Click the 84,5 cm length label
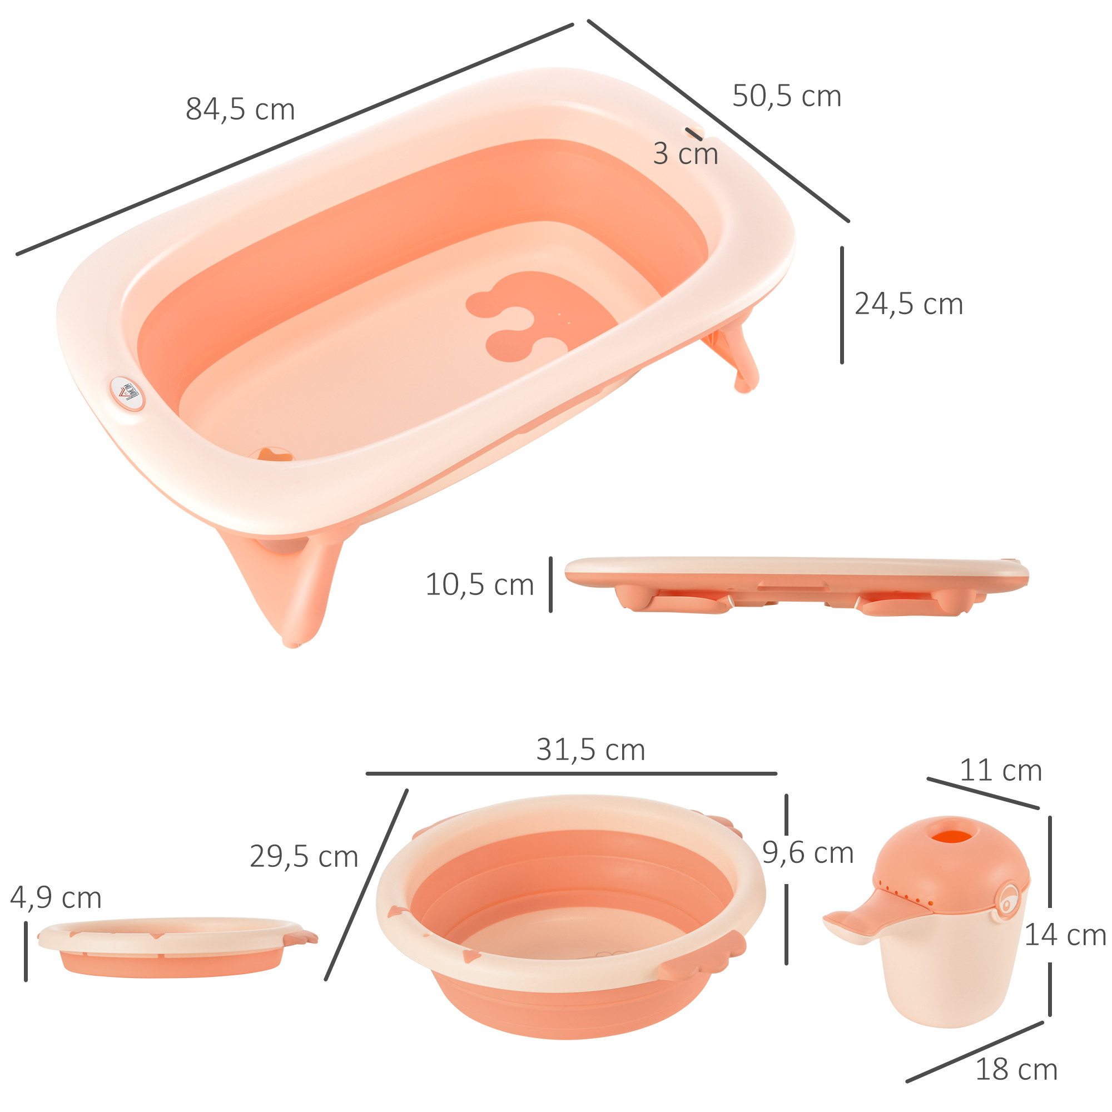[x=240, y=110]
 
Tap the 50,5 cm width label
[x=786, y=96]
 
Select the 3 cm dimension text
[x=685, y=154]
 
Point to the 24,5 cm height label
[x=909, y=304]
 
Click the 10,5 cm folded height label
[x=479, y=585]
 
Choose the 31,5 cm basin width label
[x=590, y=750]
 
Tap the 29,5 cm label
[x=304, y=856]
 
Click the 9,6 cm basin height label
[x=807, y=852]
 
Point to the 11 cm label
[x=1000, y=771]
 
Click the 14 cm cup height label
[x=1065, y=935]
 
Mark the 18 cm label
[x=1016, y=1069]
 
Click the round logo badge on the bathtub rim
[x=127, y=394]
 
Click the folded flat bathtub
[x=797, y=584]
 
